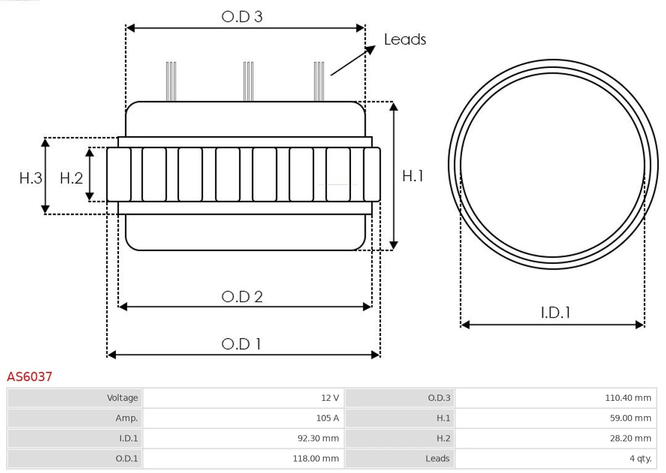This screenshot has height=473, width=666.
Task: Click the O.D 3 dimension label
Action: pyautogui.click(x=242, y=17)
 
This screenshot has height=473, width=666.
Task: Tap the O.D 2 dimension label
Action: pyautogui.click(x=242, y=297)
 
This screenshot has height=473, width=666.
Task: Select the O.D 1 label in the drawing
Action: pyautogui.click(x=241, y=343)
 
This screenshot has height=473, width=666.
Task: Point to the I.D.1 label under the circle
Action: pyautogui.click(x=555, y=313)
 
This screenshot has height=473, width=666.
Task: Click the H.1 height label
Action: pyautogui.click(x=413, y=176)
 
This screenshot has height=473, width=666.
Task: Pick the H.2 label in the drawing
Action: pyautogui.click(x=71, y=178)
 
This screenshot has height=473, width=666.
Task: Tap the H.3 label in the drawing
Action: pyautogui.click(x=30, y=178)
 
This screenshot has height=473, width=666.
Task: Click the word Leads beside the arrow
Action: pyautogui.click(x=405, y=39)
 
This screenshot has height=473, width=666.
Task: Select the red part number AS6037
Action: pyautogui.click(x=30, y=376)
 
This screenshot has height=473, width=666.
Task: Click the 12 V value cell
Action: pyautogui.click(x=243, y=398)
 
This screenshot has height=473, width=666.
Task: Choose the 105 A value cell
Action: pyautogui.click(x=243, y=418)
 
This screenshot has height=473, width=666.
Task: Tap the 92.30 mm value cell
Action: pyautogui.click(x=243, y=438)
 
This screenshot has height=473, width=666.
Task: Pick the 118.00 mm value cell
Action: pyautogui.click(x=243, y=459)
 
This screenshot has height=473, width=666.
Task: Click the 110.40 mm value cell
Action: pyautogui.click(x=556, y=398)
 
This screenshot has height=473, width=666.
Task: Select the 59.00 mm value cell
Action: pyautogui.click(x=556, y=418)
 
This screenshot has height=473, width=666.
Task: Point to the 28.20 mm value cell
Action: pyautogui.click(x=556, y=438)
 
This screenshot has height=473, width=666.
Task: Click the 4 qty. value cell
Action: pyautogui.click(x=556, y=459)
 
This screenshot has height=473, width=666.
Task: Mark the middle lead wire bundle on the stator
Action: pyautogui.click(x=249, y=81)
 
